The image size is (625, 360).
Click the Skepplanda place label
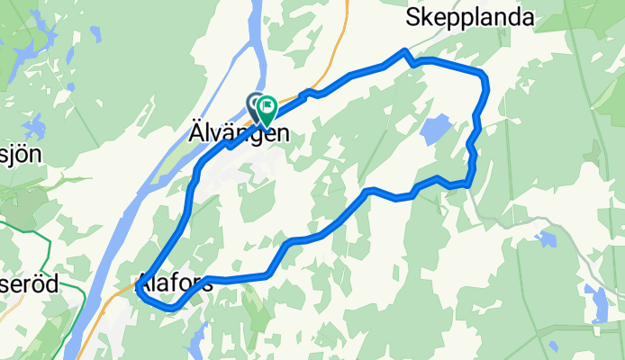470,17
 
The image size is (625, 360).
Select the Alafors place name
176,282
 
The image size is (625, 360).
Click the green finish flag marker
267,110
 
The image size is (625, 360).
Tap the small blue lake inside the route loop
433,131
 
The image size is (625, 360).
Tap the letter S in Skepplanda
413,17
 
